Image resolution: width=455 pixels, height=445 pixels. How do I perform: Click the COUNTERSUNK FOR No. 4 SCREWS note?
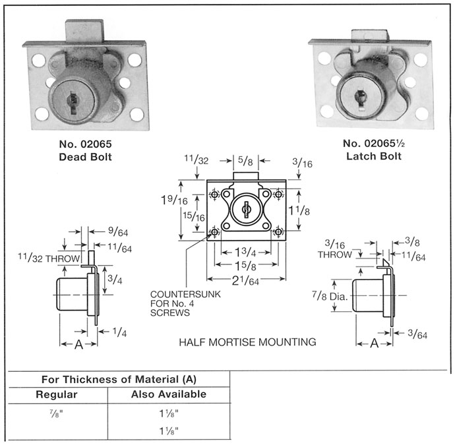pyautogui.click(x=179, y=303)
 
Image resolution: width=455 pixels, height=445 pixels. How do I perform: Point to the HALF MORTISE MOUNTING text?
pyautogui.click(x=248, y=342)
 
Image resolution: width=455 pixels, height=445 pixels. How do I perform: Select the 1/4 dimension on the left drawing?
pyautogui.click(x=120, y=332)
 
